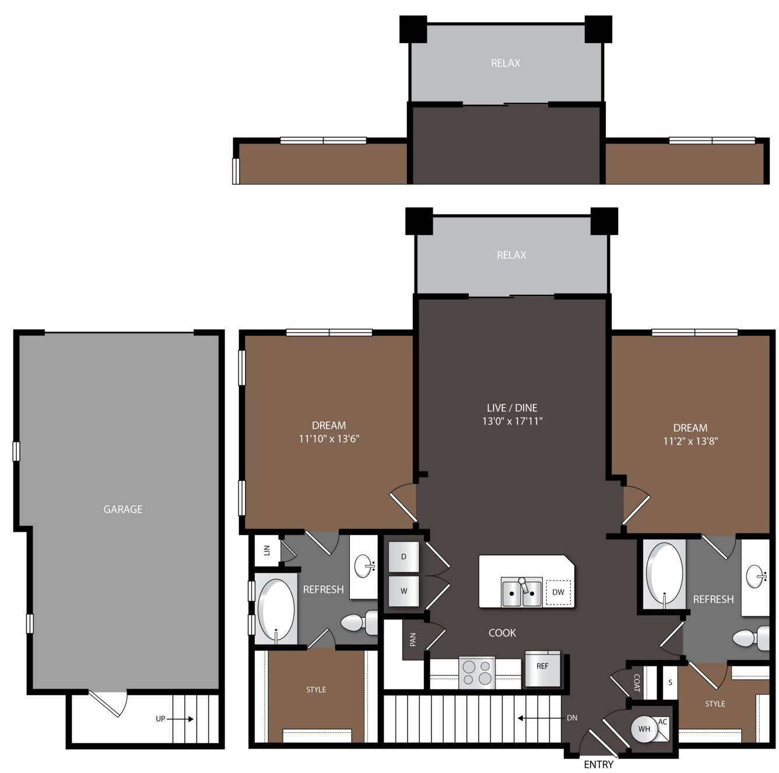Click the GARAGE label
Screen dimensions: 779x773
pyautogui.click(x=123, y=509)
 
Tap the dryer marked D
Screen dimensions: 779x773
pyautogui.click(x=403, y=557)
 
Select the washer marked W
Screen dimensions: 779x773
pyautogui.click(x=403, y=591)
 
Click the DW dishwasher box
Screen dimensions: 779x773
pyautogui.click(x=558, y=592)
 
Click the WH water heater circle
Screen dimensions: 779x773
pyautogui.click(x=644, y=729)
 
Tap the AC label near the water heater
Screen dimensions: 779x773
pyautogui.click(x=662, y=722)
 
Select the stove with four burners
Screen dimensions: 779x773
pyautogui.click(x=476, y=673)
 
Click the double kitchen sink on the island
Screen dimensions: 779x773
pyautogui.click(x=521, y=592)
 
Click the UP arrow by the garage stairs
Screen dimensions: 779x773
pyautogui.click(x=180, y=719)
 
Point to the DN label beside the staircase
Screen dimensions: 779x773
pyautogui.click(x=572, y=718)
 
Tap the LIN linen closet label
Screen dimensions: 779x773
pyautogui.click(x=267, y=550)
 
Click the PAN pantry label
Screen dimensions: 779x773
pyautogui.click(x=413, y=639)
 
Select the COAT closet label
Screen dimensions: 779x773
pyautogui.click(x=637, y=683)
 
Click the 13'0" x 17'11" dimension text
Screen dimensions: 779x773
pyautogui.click(x=512, y=421)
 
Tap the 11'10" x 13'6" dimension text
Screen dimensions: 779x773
pyautogui.click(x=329, y=438)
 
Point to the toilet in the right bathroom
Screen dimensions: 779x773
pyautogui.click(x=750, y=638)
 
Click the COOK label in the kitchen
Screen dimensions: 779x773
pyautogui.click(x=502, y=633)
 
